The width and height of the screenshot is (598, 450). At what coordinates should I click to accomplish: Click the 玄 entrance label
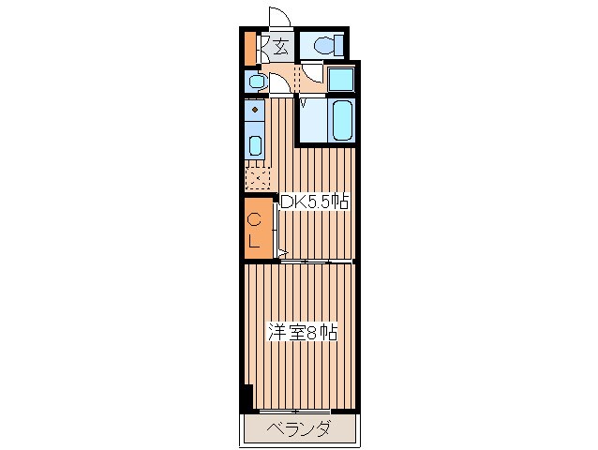280,47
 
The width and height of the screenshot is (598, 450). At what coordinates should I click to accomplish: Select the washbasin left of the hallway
256,82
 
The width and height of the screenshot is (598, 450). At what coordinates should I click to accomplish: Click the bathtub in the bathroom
342,120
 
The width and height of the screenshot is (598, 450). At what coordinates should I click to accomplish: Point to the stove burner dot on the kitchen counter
255,110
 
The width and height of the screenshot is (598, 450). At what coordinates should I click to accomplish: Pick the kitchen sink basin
254,145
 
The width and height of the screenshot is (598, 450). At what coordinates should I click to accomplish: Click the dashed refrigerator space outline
258,178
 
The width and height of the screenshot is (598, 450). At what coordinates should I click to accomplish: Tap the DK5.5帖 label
314,202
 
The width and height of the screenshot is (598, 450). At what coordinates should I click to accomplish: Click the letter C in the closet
254,219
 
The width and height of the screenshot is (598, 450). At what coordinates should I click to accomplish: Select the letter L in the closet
254,241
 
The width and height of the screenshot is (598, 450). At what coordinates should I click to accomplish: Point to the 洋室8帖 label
303,332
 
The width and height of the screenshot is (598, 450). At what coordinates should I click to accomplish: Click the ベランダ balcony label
298,428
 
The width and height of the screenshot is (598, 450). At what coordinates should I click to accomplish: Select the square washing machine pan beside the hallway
341,80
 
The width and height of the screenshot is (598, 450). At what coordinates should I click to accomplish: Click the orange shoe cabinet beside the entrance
250,49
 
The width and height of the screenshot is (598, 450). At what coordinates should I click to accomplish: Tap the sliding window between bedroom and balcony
295,412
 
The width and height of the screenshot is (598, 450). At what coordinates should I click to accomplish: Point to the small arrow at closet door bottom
283,252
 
